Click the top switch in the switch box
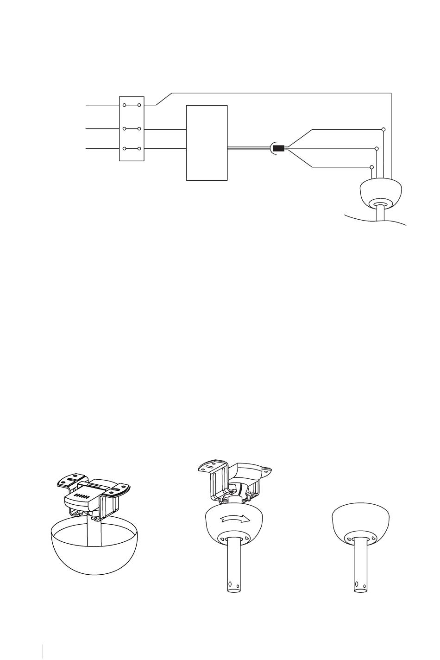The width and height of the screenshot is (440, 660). pyautogui.click(x=132, y=105)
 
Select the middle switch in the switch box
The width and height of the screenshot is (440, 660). pyautogui.click(x=132, y=129)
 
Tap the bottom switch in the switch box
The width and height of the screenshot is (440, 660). pyautogui.click(x=132, y=149)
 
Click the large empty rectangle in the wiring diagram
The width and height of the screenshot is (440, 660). pyautogui.click(x=207, y=142)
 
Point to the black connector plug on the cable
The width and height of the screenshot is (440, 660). pyautogui.click(x=278, y=149)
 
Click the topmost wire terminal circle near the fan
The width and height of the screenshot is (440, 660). pyautogui.click(x=383, y=129)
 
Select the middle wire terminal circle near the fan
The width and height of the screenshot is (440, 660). pyautogui.click(x=377, y=149)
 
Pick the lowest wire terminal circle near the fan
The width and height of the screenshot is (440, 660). pyautogui.click(x=371, y=167)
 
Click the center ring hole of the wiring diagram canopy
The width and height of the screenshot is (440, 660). pyautogui.click(x=381, y=204)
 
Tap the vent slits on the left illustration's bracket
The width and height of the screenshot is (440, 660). pyautogui.click(x=82, y=495)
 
